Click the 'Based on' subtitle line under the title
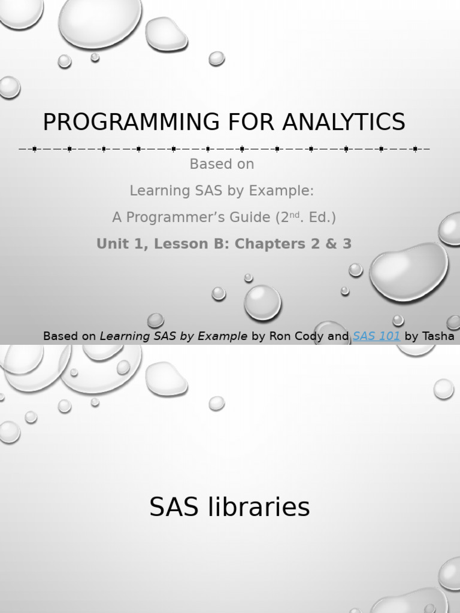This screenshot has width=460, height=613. tap(222, 164)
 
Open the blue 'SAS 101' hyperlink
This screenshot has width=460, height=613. tap(376, 336)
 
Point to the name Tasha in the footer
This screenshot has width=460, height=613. tap(438, 336)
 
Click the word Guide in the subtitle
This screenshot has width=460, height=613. tap(252, 217)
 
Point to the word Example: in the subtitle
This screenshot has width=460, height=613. tap(285, 191)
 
